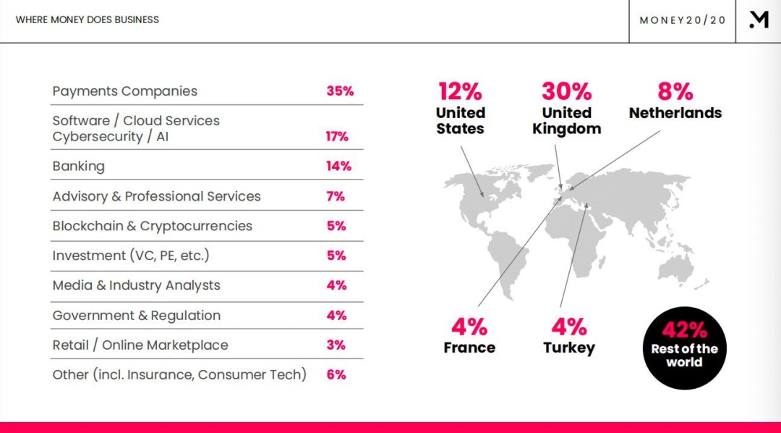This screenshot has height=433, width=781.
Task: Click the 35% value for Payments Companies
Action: (340, 91)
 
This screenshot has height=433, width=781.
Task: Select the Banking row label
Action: (79, 166)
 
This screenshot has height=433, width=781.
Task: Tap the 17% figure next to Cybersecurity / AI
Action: (337, 137)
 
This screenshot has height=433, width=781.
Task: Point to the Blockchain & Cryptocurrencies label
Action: (153, 226)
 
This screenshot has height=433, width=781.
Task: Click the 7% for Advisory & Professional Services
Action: (336, 196)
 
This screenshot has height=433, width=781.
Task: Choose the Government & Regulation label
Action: (137, 315)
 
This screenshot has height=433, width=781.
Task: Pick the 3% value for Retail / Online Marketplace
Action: (336, 345)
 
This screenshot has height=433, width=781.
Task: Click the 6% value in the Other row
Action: (336, 374)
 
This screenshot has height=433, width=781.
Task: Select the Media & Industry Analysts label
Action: (137, 285)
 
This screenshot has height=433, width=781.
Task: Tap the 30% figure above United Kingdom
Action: (567, 91)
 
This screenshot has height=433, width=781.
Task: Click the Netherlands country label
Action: (675, 113)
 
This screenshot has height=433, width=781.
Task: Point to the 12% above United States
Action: (460, 91)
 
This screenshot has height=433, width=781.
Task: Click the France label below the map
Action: (469, 348)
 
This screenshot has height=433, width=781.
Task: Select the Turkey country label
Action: (569, 348)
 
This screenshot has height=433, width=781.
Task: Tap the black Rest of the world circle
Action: (684, 348)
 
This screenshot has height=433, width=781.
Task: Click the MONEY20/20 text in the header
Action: (683, 20)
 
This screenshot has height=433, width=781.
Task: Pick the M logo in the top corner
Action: (759, 20)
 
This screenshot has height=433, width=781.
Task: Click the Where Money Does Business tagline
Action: (88, 20)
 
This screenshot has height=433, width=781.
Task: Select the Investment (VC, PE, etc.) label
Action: (131, 256)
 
